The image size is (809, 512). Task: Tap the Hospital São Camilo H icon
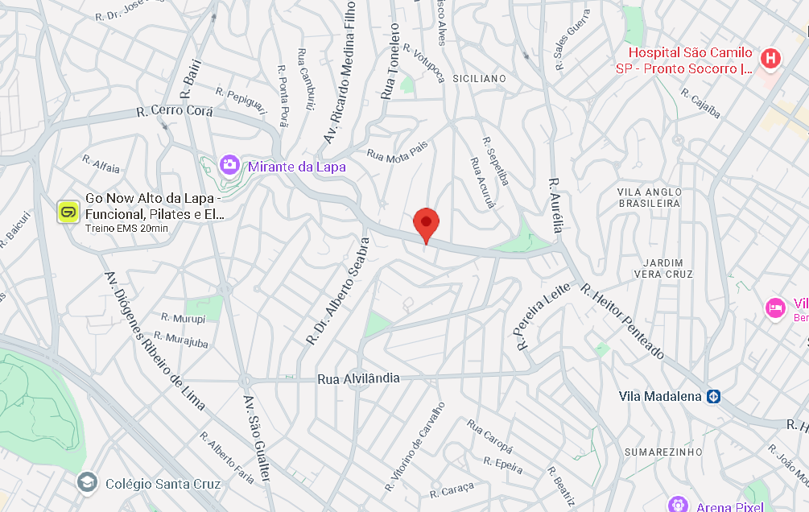(x=770, y=58)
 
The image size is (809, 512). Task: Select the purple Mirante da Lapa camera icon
(x=229, y=166)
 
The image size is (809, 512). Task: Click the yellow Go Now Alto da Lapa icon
(x=68, y=212)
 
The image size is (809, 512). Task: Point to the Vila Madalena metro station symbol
(x=713, y=396)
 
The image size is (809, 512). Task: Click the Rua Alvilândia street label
(x=358, y=378)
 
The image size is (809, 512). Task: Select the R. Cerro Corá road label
(x=175, y=112)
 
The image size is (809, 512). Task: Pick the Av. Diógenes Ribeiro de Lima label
(x=155, y=341)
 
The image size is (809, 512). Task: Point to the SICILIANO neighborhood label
(x=480, y=78)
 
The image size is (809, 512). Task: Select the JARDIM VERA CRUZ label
(x=663, y=269)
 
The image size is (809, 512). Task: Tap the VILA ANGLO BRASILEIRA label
(x=649, y=197)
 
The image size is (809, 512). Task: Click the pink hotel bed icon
(x=775, y=308)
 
